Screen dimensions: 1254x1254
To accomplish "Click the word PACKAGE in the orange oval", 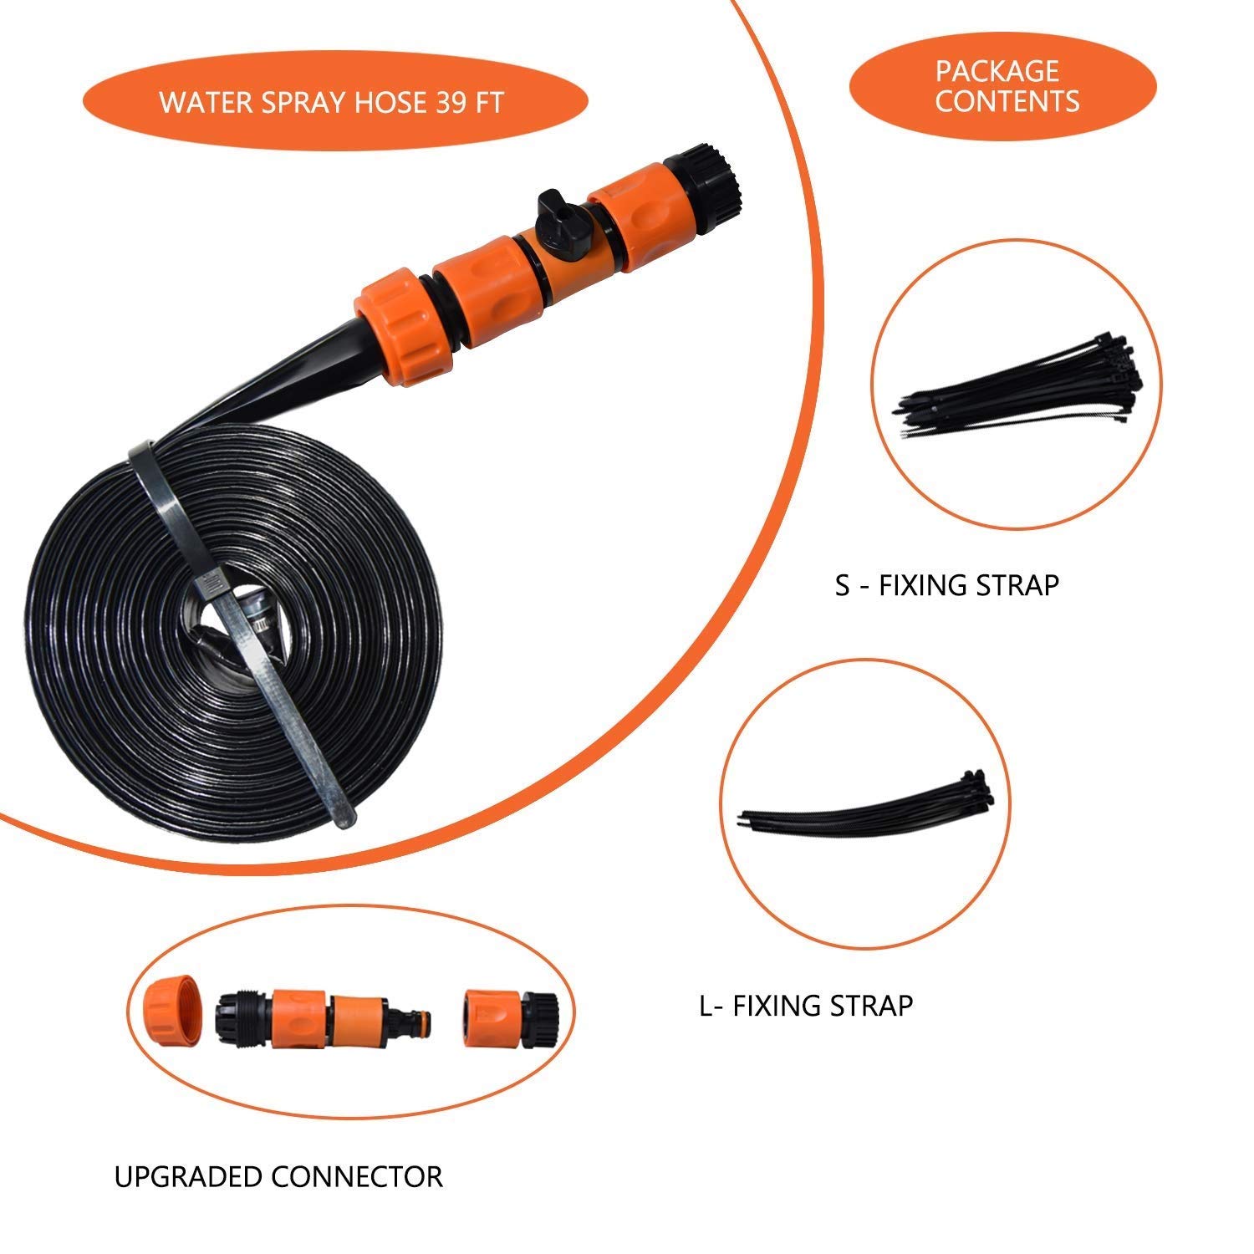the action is (x=997, y=70).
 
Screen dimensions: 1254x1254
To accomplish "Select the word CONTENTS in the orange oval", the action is (x=1007, y=102).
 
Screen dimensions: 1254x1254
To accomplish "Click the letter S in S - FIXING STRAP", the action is (x=843, y=585).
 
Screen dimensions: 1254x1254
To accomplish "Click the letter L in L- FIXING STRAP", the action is (x=707, y=1005).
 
